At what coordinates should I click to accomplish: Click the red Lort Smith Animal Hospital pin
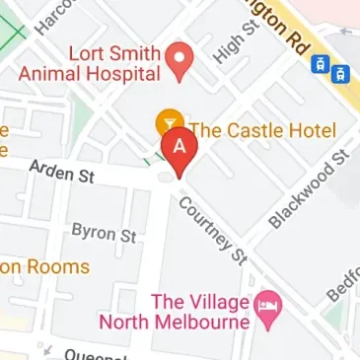pos(179,59)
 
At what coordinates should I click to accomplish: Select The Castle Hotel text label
pos(262,130)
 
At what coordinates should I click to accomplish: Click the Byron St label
pos(104,234)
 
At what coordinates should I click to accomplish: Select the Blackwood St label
pos(311,188)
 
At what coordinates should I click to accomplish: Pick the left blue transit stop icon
pos(320,64)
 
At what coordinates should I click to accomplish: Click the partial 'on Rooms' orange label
pos(44,266)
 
